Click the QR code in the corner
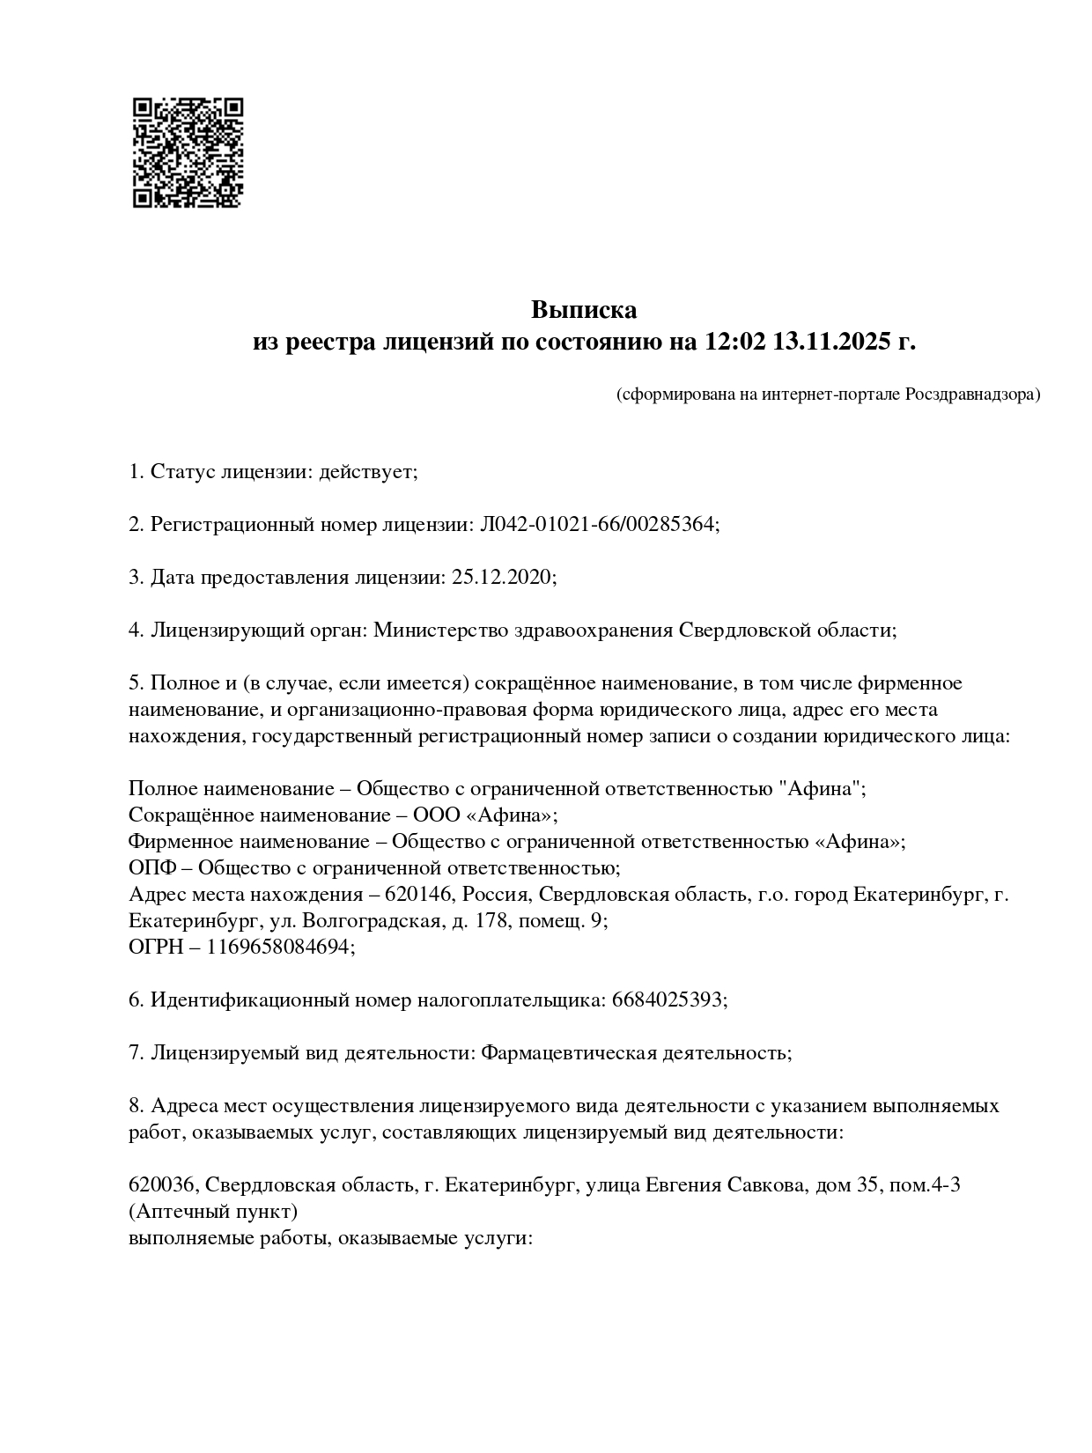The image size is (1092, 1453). (188, 152)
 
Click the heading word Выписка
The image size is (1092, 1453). (583, 310)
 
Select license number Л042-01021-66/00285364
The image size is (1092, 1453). (598, 525)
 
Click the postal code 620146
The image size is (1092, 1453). (417, 895)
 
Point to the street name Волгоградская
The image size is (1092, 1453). (372, 921)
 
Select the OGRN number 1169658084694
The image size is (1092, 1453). (279, 948)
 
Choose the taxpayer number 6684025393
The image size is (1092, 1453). (668, 1000)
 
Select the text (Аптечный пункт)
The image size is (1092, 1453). (213, 1211)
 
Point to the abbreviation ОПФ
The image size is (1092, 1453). (149, 867)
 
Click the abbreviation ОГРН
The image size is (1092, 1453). (152, 948)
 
